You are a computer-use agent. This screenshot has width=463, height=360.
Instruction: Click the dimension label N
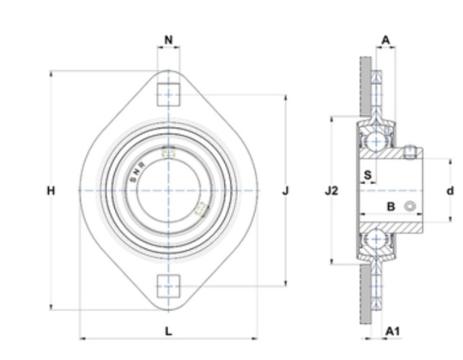point(168,40)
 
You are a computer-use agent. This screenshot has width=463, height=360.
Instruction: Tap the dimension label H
point(51,191)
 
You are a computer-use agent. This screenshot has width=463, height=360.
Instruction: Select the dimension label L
point(168,331)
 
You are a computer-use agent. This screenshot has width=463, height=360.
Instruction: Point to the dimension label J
point(285,191)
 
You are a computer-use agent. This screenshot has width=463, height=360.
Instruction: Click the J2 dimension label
point(331,191)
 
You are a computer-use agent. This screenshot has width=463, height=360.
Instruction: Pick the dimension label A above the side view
point(386,40)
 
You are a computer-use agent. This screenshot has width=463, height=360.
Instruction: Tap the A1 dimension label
point(393,331)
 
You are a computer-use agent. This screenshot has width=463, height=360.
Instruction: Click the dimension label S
point(368,175)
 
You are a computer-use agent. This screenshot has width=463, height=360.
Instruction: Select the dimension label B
point(390,207)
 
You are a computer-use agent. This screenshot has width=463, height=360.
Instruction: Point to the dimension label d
point(450,191)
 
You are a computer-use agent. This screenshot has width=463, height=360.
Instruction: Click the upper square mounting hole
point(168,94)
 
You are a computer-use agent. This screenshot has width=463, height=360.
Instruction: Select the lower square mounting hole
point(168,286)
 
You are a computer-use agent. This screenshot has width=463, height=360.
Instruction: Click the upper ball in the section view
point(376,142)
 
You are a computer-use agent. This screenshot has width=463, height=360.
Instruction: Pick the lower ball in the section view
point(376,239)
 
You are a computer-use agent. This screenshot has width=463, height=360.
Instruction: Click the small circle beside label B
point(410,206)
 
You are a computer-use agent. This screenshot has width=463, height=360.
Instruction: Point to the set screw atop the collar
point(410,152)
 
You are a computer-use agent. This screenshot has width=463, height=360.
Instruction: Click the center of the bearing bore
point(168,191)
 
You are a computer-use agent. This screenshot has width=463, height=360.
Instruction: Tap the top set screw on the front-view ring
point(169,151)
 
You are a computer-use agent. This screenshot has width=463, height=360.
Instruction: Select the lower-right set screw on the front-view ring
point(202,209)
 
